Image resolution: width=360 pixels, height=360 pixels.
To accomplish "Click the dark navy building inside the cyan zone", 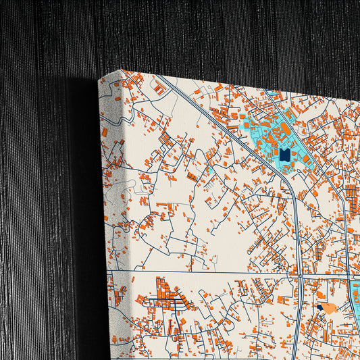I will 284,155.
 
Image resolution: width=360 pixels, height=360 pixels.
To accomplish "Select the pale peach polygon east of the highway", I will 329,307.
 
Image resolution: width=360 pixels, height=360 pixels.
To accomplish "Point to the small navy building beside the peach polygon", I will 319,307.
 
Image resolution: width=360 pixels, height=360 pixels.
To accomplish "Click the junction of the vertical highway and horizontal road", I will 298,276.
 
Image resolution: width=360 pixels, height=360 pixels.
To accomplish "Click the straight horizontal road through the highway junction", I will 203,274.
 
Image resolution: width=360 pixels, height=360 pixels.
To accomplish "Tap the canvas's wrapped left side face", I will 111,203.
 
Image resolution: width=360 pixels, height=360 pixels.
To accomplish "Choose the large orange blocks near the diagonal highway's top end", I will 160,87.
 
